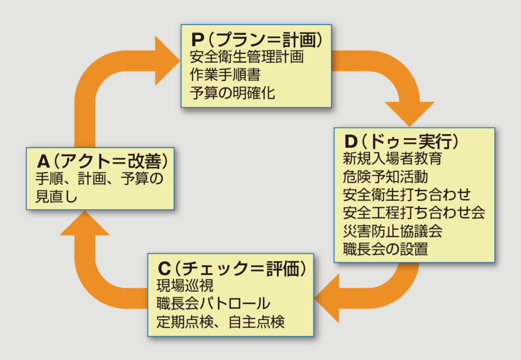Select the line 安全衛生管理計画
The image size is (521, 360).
246,57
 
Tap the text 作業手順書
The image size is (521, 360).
225,75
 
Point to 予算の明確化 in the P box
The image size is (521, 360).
232,93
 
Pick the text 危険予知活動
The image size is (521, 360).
385,176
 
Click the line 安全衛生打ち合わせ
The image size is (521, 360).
407,195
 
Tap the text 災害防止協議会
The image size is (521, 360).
392,231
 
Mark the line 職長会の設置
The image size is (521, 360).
385,249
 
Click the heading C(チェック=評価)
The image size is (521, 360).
231,267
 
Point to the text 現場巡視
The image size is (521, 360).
178,285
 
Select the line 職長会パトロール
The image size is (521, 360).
213,304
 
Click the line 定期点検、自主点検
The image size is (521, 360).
220,322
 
